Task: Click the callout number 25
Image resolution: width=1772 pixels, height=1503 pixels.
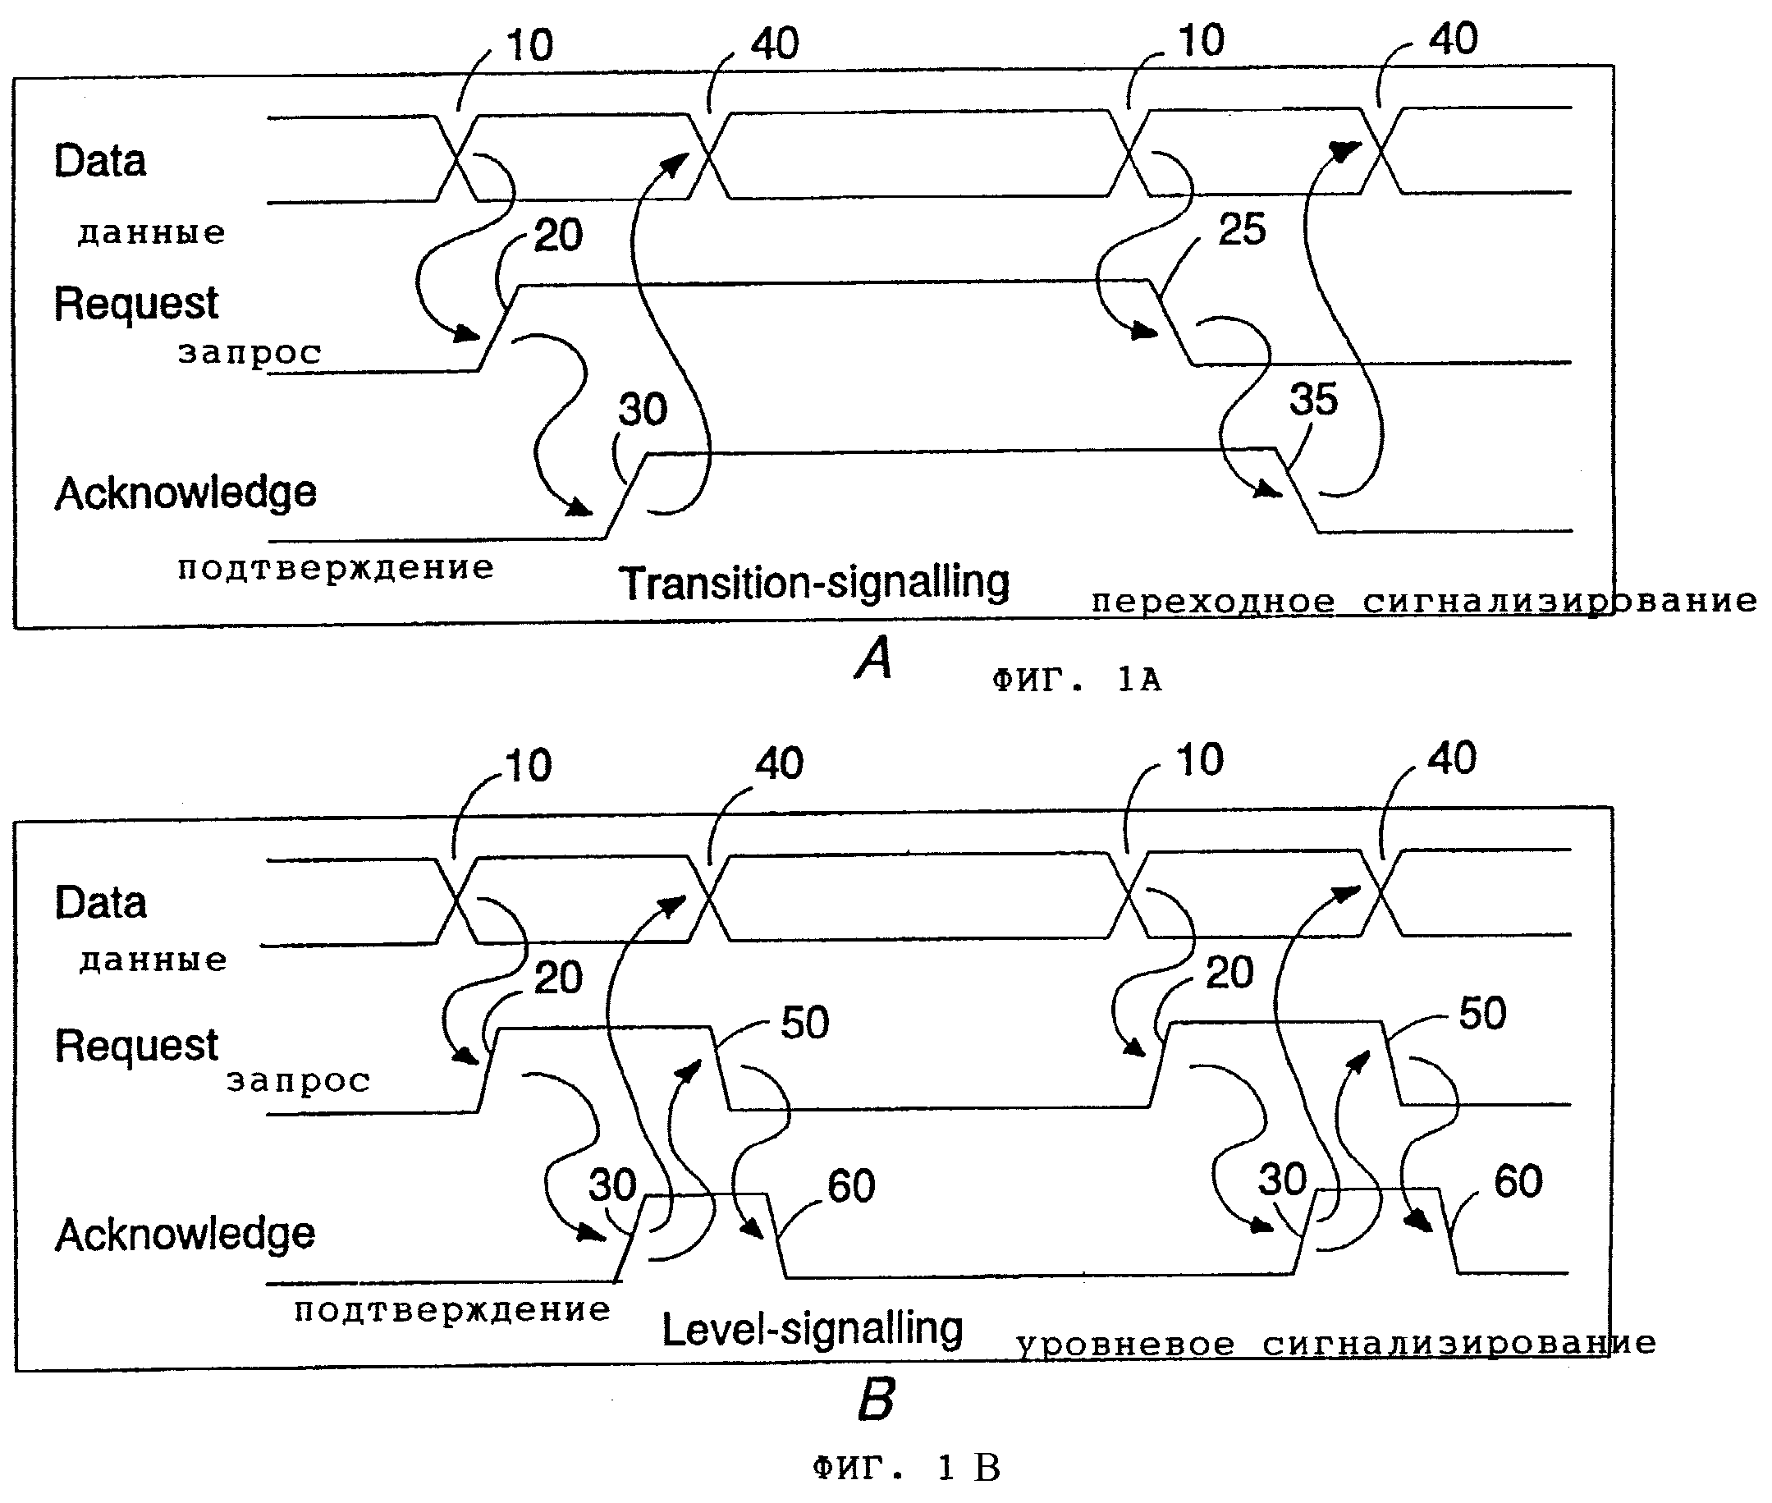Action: click(1242, 229)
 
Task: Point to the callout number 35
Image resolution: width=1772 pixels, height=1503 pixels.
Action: click(1314, 399)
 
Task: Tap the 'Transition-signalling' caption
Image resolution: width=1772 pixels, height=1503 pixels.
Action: click(813, 584)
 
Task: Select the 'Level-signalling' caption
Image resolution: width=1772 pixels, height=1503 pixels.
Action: click(812, 1329)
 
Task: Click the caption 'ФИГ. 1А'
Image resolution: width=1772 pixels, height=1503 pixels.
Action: click(1077, 680)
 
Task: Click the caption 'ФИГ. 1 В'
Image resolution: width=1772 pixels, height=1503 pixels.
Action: click(906, 1467)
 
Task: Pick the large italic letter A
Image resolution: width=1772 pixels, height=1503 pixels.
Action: click(874, 658)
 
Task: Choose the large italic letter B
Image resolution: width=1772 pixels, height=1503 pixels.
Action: click(877, 1399)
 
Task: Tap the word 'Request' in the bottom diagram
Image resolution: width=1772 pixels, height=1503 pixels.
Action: click(136, 1046)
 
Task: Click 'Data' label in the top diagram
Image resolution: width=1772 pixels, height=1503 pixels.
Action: click(99, 160)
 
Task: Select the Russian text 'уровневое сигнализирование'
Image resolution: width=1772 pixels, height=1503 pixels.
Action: click(1336, 1345)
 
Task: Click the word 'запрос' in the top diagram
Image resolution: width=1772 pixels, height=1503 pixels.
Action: click(250, 352)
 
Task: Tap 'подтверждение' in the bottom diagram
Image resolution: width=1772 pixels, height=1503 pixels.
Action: click(452, 1309)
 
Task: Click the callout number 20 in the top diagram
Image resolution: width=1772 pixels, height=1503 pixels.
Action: click(558, 235)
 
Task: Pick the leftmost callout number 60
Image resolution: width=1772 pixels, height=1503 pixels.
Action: click(851, 1186)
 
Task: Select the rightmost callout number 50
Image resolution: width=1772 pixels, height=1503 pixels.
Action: click(1482, 1013)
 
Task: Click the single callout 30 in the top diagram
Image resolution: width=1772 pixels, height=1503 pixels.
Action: click(643, 409)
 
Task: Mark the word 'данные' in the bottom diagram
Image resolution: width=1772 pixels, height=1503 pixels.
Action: click(153, 960)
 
